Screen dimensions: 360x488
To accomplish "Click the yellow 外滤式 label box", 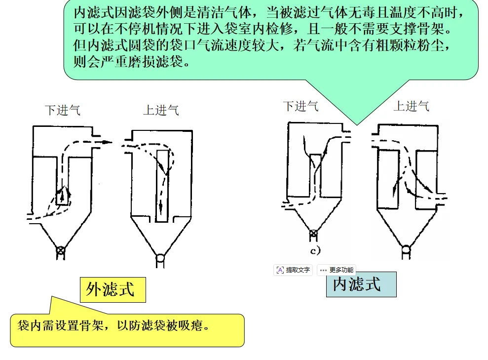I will tap(113, 289).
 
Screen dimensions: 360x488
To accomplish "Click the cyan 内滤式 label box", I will tap(361, 284).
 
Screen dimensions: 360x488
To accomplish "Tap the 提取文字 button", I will tap(293, 270).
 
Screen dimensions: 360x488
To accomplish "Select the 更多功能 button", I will tap(337, 270).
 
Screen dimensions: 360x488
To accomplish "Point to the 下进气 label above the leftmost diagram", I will tap(62, 110).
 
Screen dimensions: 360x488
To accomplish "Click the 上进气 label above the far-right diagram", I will tap(411, 106).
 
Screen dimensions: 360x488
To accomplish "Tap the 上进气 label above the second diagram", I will tap(161, 110).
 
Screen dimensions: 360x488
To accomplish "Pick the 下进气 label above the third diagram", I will tap(300, 106).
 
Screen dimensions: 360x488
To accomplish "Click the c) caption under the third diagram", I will tap(315, 250).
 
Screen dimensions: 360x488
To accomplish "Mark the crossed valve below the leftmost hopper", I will tap(60, 250).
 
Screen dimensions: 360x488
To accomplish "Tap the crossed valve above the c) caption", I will tap(312, 236).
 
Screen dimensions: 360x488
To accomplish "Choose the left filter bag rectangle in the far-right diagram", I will tap(387, 178).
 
